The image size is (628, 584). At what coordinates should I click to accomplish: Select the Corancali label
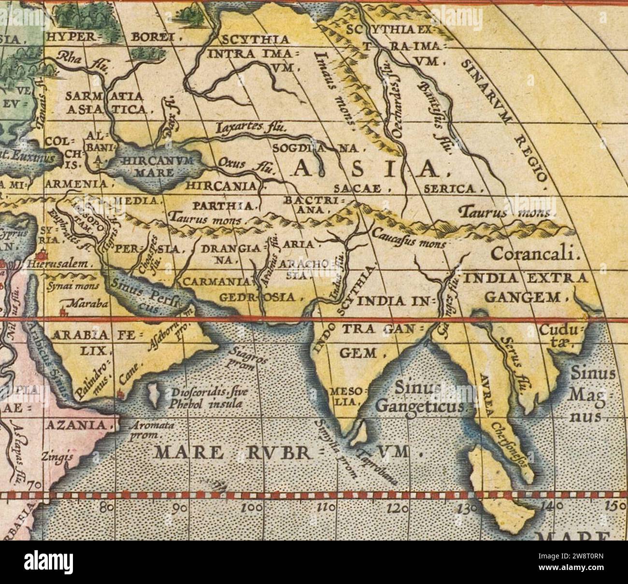click(534, 254)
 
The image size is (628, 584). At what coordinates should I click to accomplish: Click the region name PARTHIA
click(224, 206)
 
